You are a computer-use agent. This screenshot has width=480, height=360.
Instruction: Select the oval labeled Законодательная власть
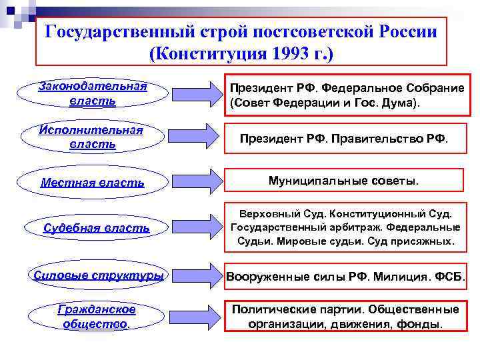click(93, 94)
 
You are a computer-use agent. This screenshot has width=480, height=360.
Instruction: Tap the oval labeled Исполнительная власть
click(93, 137)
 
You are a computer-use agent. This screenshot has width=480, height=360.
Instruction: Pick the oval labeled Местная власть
click(93, 182)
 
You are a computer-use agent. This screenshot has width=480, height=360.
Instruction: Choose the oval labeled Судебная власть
click(97, 228)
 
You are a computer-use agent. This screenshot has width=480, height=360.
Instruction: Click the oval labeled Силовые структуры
click(99, 275)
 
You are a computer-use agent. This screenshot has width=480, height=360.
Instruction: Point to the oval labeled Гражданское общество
click(97, 317)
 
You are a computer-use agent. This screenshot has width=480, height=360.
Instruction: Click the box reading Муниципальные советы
click(343, 180)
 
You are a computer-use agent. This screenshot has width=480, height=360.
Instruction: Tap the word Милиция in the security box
click(399, 276)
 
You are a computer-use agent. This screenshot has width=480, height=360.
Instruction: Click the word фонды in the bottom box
click(420, 325)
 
